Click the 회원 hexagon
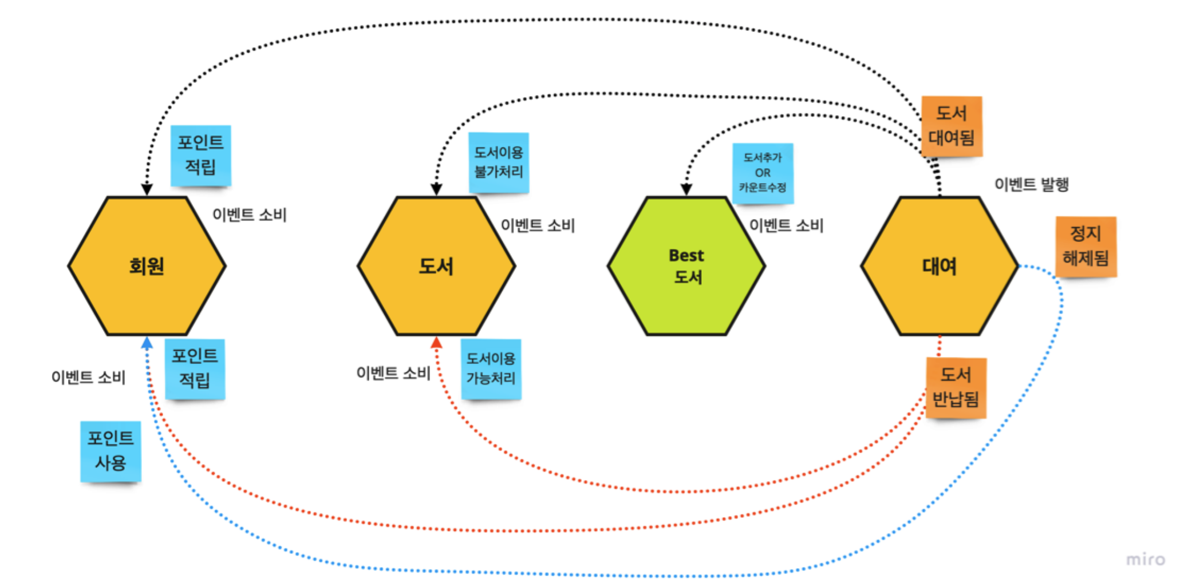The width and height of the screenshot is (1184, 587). [147, 266]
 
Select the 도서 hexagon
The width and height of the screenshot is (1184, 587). [436, 266]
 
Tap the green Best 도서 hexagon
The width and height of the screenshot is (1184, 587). [686, 266]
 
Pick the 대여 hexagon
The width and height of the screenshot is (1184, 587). [940, 266]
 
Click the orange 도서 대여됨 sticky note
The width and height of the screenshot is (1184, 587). [952, 126]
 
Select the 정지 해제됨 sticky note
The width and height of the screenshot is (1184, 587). [1086, 247]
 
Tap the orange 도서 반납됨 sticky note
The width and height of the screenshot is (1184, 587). [956, 388]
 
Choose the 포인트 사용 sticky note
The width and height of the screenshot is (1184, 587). [110, 451]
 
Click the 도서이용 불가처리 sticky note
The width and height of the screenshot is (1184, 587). [499, 162]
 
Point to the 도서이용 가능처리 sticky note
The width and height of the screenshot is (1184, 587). [491, 369]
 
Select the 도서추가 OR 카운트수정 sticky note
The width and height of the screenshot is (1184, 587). [763, 173]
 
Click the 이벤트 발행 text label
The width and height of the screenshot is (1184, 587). [1032, 185]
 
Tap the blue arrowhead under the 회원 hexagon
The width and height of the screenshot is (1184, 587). [147, 343]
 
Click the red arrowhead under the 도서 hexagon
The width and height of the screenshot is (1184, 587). [436, 343]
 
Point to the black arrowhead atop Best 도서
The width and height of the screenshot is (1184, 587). [686, 189]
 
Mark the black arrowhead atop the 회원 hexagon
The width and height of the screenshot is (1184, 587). [147, 189]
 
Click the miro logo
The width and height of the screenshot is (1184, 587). [1145, 560]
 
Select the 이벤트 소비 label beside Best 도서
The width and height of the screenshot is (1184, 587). [787, 226]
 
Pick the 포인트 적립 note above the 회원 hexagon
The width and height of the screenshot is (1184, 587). [201, 155]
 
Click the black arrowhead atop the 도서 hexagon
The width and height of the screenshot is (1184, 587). [436, 189]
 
